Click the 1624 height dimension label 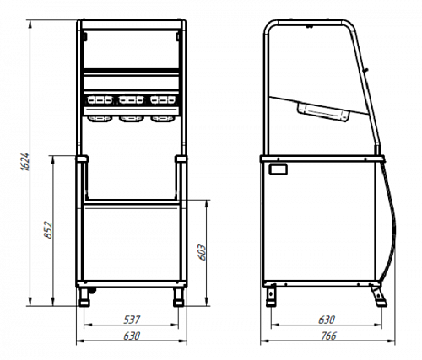pyautogui.click(x=24, y=162)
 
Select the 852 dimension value pyautogui.click(x=48, y=230)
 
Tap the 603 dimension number pyautogui.click(x=202, y=252)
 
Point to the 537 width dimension pyautogui.click(x=132, y=320)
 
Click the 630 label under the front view pyautogui.click(x=132, y=336)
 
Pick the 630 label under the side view pyautogui.click(x=327, y=320)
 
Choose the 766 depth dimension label pyautogui.click(x=328, y=336)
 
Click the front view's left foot pyautogui.click(x=84, y=297)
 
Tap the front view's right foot pyautogui.click(x=178, y=297)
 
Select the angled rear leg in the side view pyautogui.click(x=379, y=296)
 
